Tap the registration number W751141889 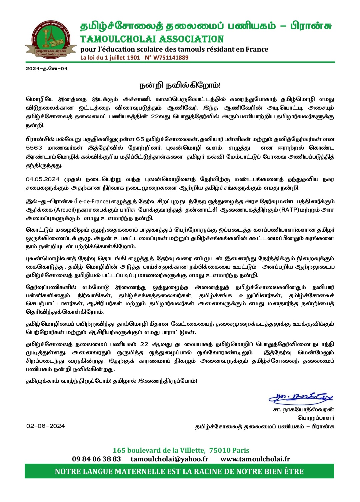click(x=171, y=57)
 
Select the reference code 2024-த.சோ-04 click(x=47, y=68)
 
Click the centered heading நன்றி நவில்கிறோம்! click(x=180, y=85)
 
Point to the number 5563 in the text click(x=34, y=148)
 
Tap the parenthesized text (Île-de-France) click(x=92, y=201)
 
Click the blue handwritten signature click(x=301, y=397)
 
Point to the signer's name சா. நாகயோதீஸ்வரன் click(x=303, y=409)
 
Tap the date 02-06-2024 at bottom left click(x=46, y=426)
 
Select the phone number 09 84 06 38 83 click(x=96, y=459)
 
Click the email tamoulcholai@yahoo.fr click(x=169, y=459)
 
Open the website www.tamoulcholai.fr click(x=255, y=459)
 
